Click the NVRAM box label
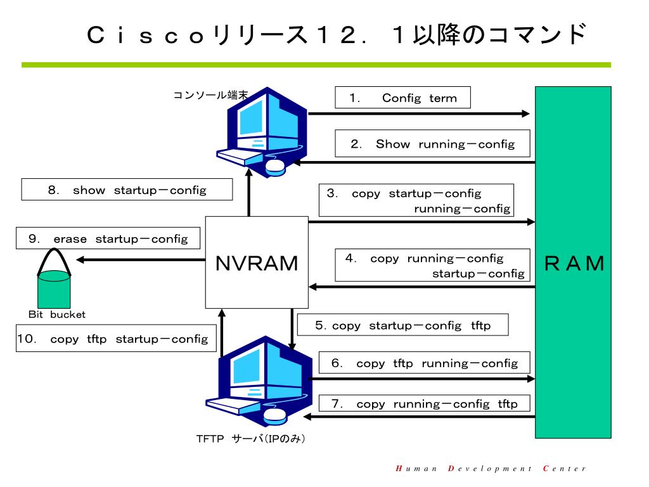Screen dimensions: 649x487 click(257, 263)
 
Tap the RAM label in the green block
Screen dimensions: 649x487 click(574, 263)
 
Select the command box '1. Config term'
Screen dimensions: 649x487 click(402, 98)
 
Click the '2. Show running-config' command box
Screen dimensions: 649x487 click(432, 144)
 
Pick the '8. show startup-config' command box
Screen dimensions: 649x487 click(127, 190)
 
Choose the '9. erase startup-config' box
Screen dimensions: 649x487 click(108, 238)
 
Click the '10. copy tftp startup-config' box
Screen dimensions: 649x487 click(116, 339)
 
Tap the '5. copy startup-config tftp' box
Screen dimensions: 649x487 click(402, 325)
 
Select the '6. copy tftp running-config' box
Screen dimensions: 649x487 click(425, 363)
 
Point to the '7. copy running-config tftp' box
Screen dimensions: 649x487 click(425, 403)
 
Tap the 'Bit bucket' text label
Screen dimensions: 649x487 click(56, 315)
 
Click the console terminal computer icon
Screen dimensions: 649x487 click(262, 132)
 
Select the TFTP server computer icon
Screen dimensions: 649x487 click(259, 381)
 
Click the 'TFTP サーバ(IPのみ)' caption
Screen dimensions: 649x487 click(250, 439)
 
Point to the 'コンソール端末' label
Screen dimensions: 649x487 click(210, 95)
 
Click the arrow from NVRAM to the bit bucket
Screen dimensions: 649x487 click(141, 259)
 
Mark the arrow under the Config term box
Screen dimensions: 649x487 click(419, 114)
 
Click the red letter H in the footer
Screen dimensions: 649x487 click(399, 469)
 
